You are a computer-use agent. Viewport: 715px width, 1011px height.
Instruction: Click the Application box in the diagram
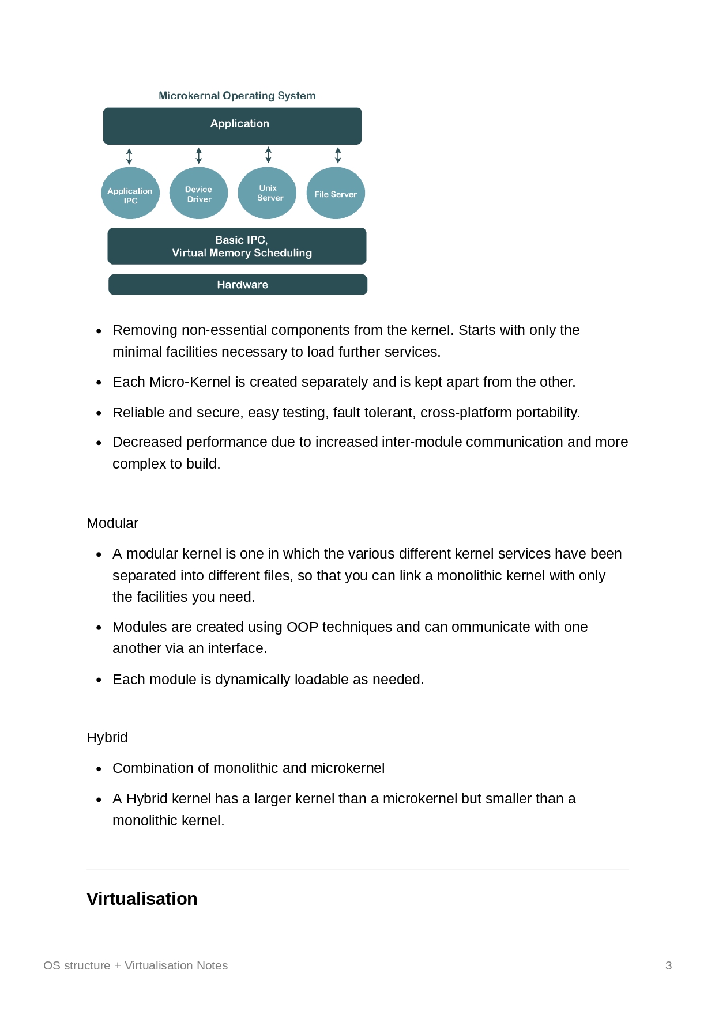[x=232, y=126]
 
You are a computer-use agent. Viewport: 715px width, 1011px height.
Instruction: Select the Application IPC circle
[x=130, y=193]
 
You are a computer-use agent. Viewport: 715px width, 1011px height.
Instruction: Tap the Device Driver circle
[x=199, y=193]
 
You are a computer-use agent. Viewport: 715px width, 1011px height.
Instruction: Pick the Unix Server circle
[x=267, y=193]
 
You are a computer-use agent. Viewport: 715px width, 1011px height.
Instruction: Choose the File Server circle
[x=336, y=193]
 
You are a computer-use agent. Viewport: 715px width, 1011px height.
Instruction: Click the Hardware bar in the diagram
[x=238, y=285]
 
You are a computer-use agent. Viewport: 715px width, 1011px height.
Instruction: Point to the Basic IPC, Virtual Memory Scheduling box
[x=237, y=246]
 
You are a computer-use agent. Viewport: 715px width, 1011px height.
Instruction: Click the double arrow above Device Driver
[x=199, y=156]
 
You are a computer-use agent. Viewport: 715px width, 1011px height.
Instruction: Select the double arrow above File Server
[x=338, y=155]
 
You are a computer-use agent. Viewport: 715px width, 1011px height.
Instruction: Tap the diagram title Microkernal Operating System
[x=237, y=96]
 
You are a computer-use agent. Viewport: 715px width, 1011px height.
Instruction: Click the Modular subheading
[x=112, y=523]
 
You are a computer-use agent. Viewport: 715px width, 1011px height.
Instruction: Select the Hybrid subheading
[x=107, y=738]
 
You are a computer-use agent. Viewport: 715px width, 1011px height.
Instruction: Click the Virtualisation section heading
[x=142, y=899]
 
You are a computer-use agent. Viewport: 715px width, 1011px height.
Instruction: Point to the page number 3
[x=668, y=965]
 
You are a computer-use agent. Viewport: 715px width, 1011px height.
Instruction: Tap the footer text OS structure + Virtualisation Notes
[x=136, y=965]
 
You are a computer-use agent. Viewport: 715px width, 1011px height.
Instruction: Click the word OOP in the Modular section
[x=302, y=627]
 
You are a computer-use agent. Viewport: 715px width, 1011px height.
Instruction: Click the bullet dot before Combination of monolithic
[x=99, y=769]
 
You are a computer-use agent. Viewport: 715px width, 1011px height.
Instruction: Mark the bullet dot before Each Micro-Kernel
[x=99, y=383]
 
